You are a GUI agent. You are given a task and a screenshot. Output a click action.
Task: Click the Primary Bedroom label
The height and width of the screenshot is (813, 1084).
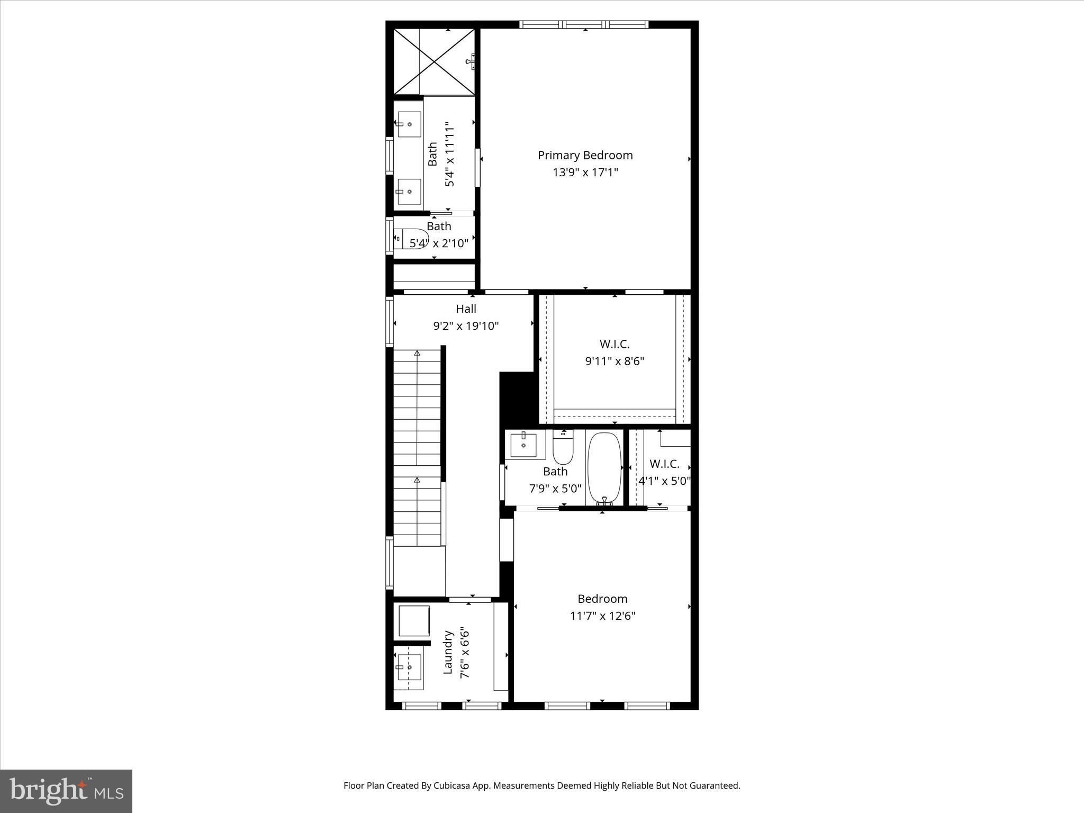(x=585, y=155)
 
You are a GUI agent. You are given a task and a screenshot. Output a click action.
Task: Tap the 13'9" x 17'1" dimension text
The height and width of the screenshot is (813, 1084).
(x=585, y=173)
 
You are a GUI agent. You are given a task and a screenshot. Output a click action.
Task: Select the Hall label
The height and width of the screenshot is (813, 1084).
(x=466, y=309)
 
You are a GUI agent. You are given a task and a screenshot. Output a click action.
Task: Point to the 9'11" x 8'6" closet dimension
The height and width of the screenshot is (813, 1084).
(x=614, y=362)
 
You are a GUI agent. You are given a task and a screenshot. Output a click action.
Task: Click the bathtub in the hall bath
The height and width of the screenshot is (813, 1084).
(x=604, y=467)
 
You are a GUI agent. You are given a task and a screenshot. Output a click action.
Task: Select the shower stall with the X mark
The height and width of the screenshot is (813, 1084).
(x=434, y=62)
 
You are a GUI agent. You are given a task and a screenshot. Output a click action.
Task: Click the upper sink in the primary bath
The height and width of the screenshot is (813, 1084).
(x=409, y=124)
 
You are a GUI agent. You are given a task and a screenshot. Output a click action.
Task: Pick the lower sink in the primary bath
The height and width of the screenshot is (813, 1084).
(x=409, y=192)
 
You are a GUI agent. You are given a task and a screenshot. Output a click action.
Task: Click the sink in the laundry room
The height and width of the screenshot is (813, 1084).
(x=409, y=667)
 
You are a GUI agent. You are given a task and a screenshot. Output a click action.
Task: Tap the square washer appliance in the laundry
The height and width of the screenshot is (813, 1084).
(x=413, y=621)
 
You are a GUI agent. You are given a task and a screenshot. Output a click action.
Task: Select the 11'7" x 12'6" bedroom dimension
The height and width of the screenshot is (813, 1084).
(x=602, y=616)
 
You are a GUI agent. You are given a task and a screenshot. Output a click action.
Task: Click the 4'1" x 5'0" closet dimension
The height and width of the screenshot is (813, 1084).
(x=664, y=481)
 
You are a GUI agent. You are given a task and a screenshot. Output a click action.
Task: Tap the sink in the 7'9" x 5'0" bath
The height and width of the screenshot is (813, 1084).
(x=523, y=445)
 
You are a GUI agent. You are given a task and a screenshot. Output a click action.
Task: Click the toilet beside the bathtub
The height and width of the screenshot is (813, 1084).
(x=563, y=449)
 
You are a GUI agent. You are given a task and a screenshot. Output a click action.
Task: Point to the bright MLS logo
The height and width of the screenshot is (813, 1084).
(x=66, y=791)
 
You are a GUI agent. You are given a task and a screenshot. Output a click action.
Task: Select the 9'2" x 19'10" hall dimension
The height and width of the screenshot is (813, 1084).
(x=466, y=326)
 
